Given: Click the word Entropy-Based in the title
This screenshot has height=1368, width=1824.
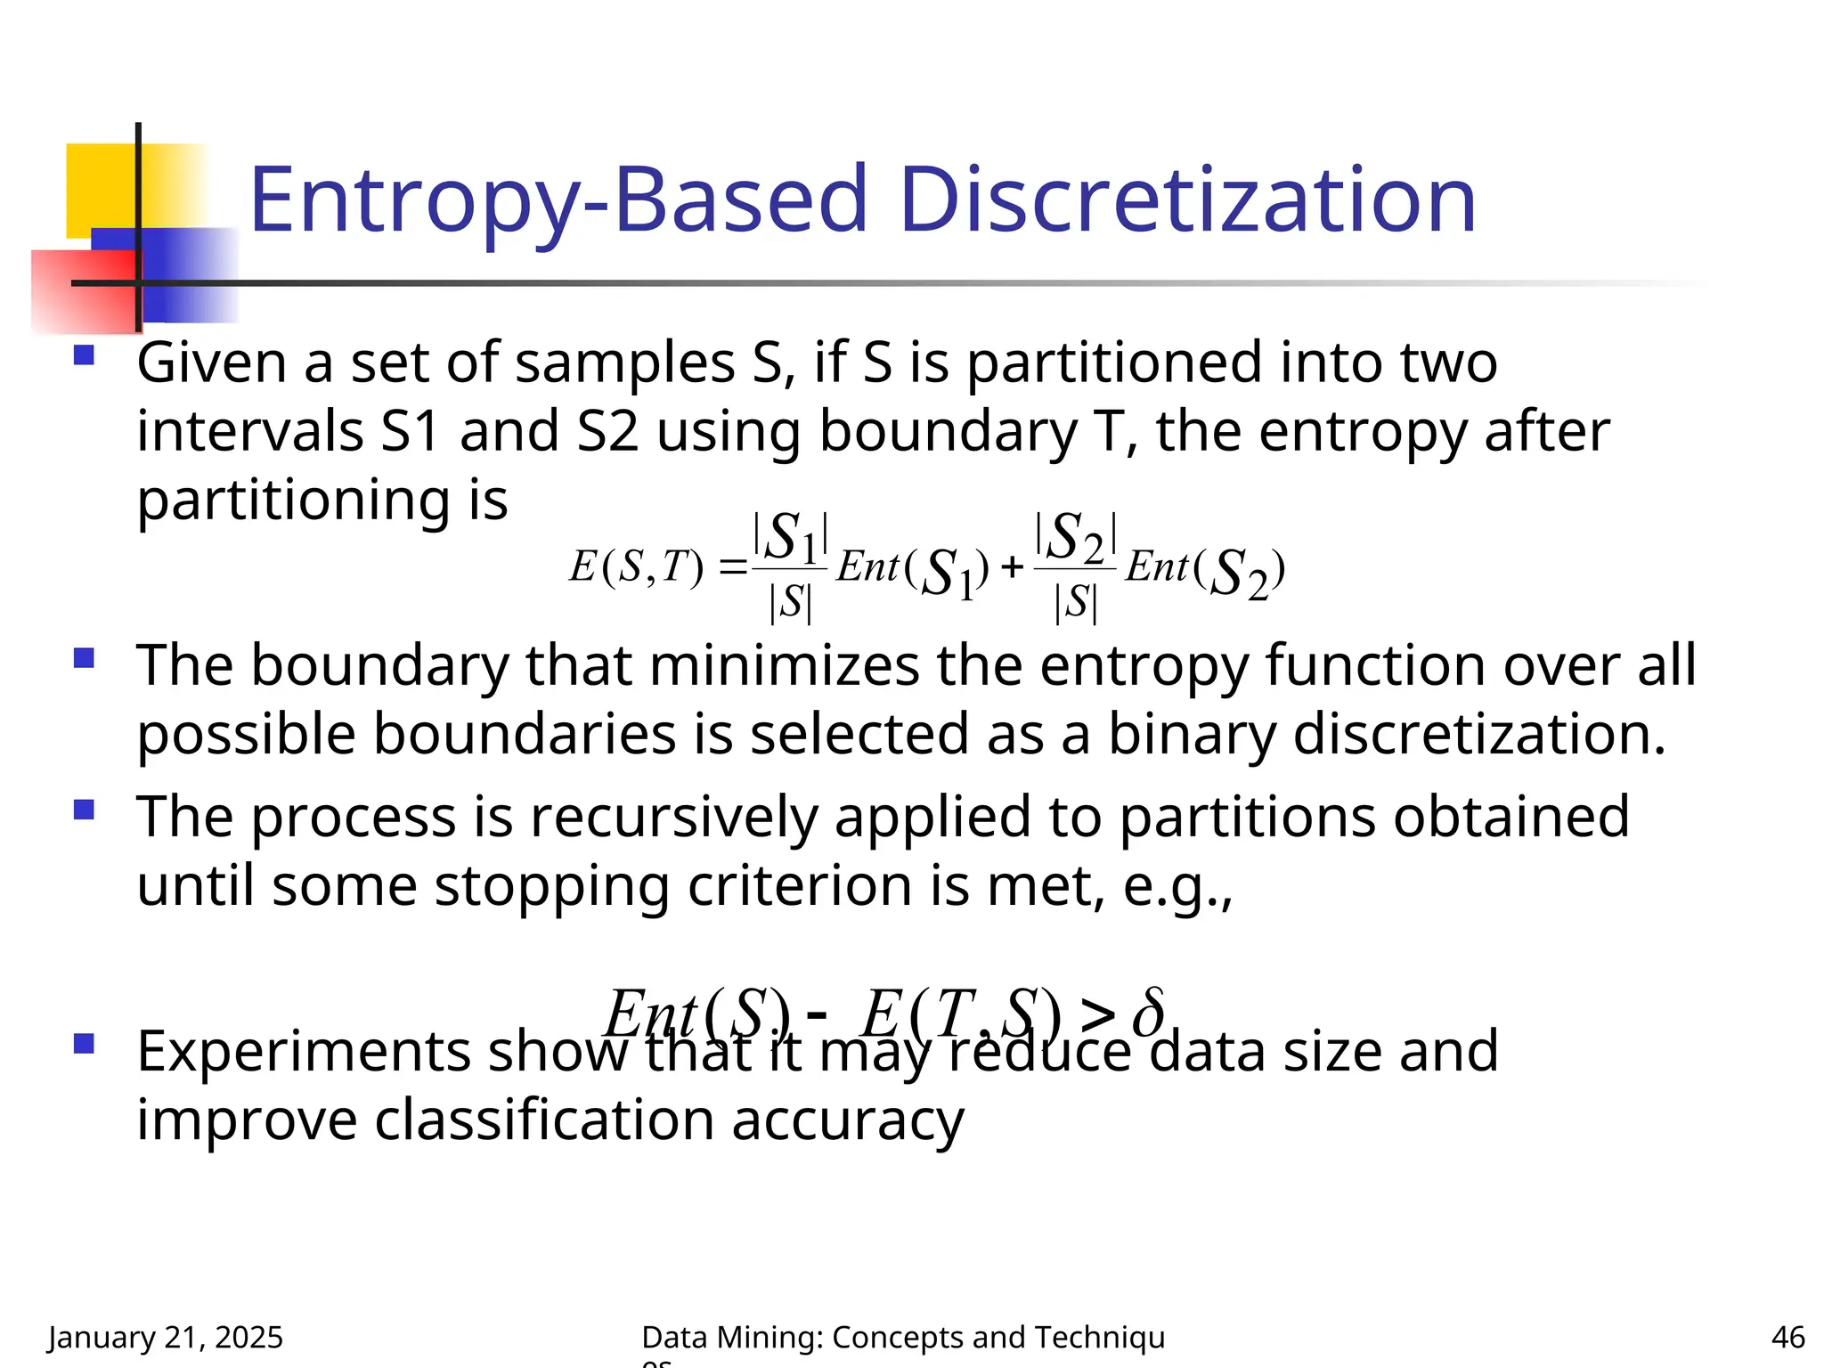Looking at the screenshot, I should (558, 201).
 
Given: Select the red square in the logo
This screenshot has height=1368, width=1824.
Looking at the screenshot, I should (80, 290).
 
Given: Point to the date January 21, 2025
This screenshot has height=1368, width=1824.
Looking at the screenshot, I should (166, 1337).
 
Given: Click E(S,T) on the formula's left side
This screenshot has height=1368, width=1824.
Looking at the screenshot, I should (636, 566).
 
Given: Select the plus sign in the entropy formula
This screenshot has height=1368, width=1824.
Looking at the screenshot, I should (1011, 567).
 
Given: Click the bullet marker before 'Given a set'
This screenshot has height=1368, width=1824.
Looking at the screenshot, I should (85, 356).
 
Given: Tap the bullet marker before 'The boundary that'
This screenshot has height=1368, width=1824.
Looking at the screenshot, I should (85, 659).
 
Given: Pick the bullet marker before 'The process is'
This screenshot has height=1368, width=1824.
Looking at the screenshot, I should (85, 810).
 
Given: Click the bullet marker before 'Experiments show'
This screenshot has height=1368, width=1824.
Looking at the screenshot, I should (85, 1044).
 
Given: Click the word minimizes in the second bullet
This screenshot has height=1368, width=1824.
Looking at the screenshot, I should (785, 665).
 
